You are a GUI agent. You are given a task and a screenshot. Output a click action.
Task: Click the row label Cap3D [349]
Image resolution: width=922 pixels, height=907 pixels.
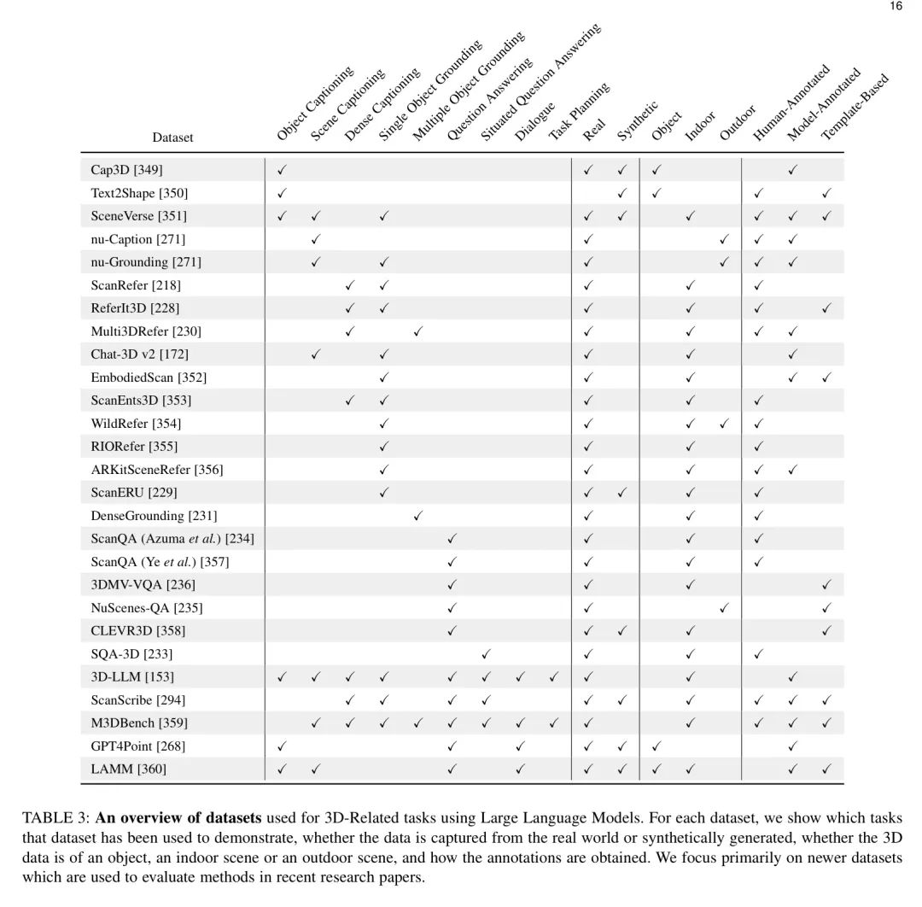click(126, 170)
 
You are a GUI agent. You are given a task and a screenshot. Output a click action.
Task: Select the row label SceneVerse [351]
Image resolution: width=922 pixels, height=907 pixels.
click(138, 216)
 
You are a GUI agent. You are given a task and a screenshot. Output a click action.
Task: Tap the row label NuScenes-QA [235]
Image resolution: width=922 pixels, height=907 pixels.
click(147, 608)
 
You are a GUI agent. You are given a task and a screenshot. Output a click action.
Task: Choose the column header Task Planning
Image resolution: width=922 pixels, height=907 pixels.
click(579, 111)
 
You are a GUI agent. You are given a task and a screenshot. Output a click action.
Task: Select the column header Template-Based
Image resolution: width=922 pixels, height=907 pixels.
click(855, 107)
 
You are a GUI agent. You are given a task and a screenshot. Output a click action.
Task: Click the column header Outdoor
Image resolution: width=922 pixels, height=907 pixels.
click(738, 122)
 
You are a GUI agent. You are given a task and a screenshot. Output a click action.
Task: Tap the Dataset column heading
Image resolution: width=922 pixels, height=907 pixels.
click(172, 138)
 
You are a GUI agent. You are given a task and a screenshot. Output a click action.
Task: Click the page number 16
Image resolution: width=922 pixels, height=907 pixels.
click(896, 6)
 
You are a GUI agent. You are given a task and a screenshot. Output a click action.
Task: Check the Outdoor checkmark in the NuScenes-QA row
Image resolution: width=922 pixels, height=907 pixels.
click(724, 608)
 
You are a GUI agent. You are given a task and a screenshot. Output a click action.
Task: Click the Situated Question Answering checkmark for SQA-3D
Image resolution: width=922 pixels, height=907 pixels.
click(486, 654)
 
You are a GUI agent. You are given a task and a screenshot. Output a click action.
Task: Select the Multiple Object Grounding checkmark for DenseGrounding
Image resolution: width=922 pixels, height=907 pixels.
click(417, 516)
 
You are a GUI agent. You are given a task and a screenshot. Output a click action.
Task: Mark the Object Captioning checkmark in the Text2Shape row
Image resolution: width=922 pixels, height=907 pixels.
click(282, 193)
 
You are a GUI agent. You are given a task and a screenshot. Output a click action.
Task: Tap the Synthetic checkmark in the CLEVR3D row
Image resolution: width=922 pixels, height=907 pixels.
click(621, 631)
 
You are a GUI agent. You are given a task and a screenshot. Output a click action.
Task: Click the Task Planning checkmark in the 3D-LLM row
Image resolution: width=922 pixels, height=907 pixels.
click(553, 677)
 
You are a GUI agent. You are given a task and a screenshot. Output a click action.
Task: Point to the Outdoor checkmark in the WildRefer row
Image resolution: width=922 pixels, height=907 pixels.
click(724, 424)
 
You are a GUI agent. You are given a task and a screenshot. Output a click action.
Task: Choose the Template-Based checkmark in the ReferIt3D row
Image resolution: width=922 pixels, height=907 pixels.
click(826, 308)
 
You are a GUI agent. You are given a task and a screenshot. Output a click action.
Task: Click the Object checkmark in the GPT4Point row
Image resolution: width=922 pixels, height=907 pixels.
click(656, 746)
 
